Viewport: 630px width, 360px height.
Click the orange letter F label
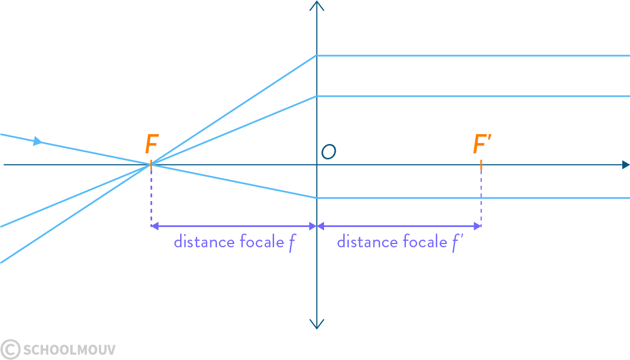pyautogui.click(x=152, y=144)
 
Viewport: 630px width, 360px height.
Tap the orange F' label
pyautogui.click(x=482, y=143)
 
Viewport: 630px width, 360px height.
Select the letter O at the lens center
pyautogui.click(x=328, y=151)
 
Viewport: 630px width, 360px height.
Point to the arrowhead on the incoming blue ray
pyautogui.click(x=37, y=141)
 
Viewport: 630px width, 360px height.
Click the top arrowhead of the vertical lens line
pyautogui.click(x=316, y=5)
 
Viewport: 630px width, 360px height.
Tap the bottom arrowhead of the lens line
pyautogui.click(x=316, y=324)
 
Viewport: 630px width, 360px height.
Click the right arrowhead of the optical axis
pyautogui.click(x=626, y=164)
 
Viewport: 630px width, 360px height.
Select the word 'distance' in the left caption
pyautogui.click(x=204, y=242)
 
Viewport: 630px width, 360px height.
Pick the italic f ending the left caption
pyautogui.click(x=292, y=243)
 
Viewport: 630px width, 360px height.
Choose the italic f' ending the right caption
pyautogui.click(x=457, y=243)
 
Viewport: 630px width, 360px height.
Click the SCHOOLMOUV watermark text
pyautogui.click(x=70, y=350)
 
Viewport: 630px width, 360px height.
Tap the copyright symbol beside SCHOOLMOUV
pyautogui.click(x=10, y=349)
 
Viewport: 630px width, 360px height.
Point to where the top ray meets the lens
pyautogui.click(x=316, y=56)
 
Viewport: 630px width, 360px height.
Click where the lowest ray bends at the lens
pyautogui.click(x=316, y=198)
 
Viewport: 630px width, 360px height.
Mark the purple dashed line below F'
pyautogui.click(x=481, y=196)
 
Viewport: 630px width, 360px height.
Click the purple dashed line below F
pyautogui.click(x=151, y=196)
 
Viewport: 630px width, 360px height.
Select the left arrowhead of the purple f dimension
pyautogui.click(x=155, y=226)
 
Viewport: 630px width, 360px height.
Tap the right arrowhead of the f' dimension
pyautogui.click(x=477, y=226)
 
